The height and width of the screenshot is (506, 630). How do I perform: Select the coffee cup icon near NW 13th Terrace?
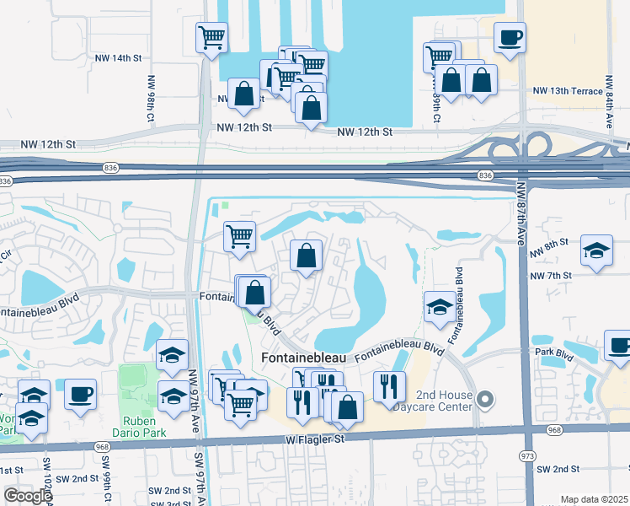pyautogui.click(x=510, y=38)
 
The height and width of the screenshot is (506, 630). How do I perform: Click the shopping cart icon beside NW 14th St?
pyautogui.click(x=211, y=37)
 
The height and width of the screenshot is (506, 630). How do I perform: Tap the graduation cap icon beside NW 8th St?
pyautogui.click(x=596, y=250)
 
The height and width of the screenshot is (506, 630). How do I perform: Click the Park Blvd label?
pyautogui.click(x=553, y=353)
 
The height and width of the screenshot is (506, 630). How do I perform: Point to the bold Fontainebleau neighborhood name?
pyautogui.click(x=304, y=358)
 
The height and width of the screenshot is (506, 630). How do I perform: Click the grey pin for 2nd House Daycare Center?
pyautogui.click(x=484, y=398)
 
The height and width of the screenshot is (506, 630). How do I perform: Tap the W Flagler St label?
pyautogui.click(x=316, y=439)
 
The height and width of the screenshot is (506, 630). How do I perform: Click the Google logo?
pyautogui.click(x=28, y=495)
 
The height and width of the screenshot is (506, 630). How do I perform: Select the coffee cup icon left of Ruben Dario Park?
pyautogui.click(x=81, y=394)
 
